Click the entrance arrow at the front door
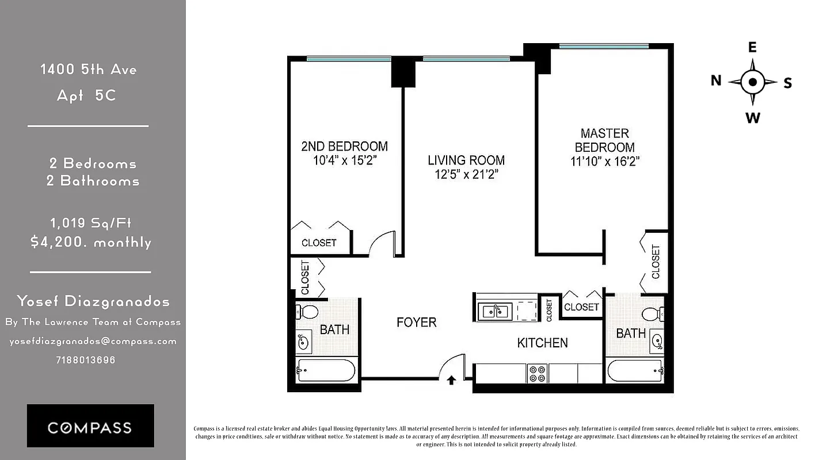coord(451,380)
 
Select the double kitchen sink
coord(495,311)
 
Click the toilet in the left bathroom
coord(308,312)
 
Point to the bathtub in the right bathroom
coord(633,371)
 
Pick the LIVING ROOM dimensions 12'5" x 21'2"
coord(466,174)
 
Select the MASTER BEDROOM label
coord(604,140)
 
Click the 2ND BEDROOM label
coord(344,146)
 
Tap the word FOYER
coord(416,323)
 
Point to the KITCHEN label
coord(542,343)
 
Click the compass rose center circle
coord(752,82)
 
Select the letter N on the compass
coord(716,80)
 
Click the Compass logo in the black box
coord(90,427)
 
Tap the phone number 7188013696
coord(86,360)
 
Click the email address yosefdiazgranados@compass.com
coord(93,341)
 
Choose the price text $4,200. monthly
coord(91,242)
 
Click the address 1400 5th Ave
coord(88,70)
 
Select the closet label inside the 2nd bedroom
coord(319,243)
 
